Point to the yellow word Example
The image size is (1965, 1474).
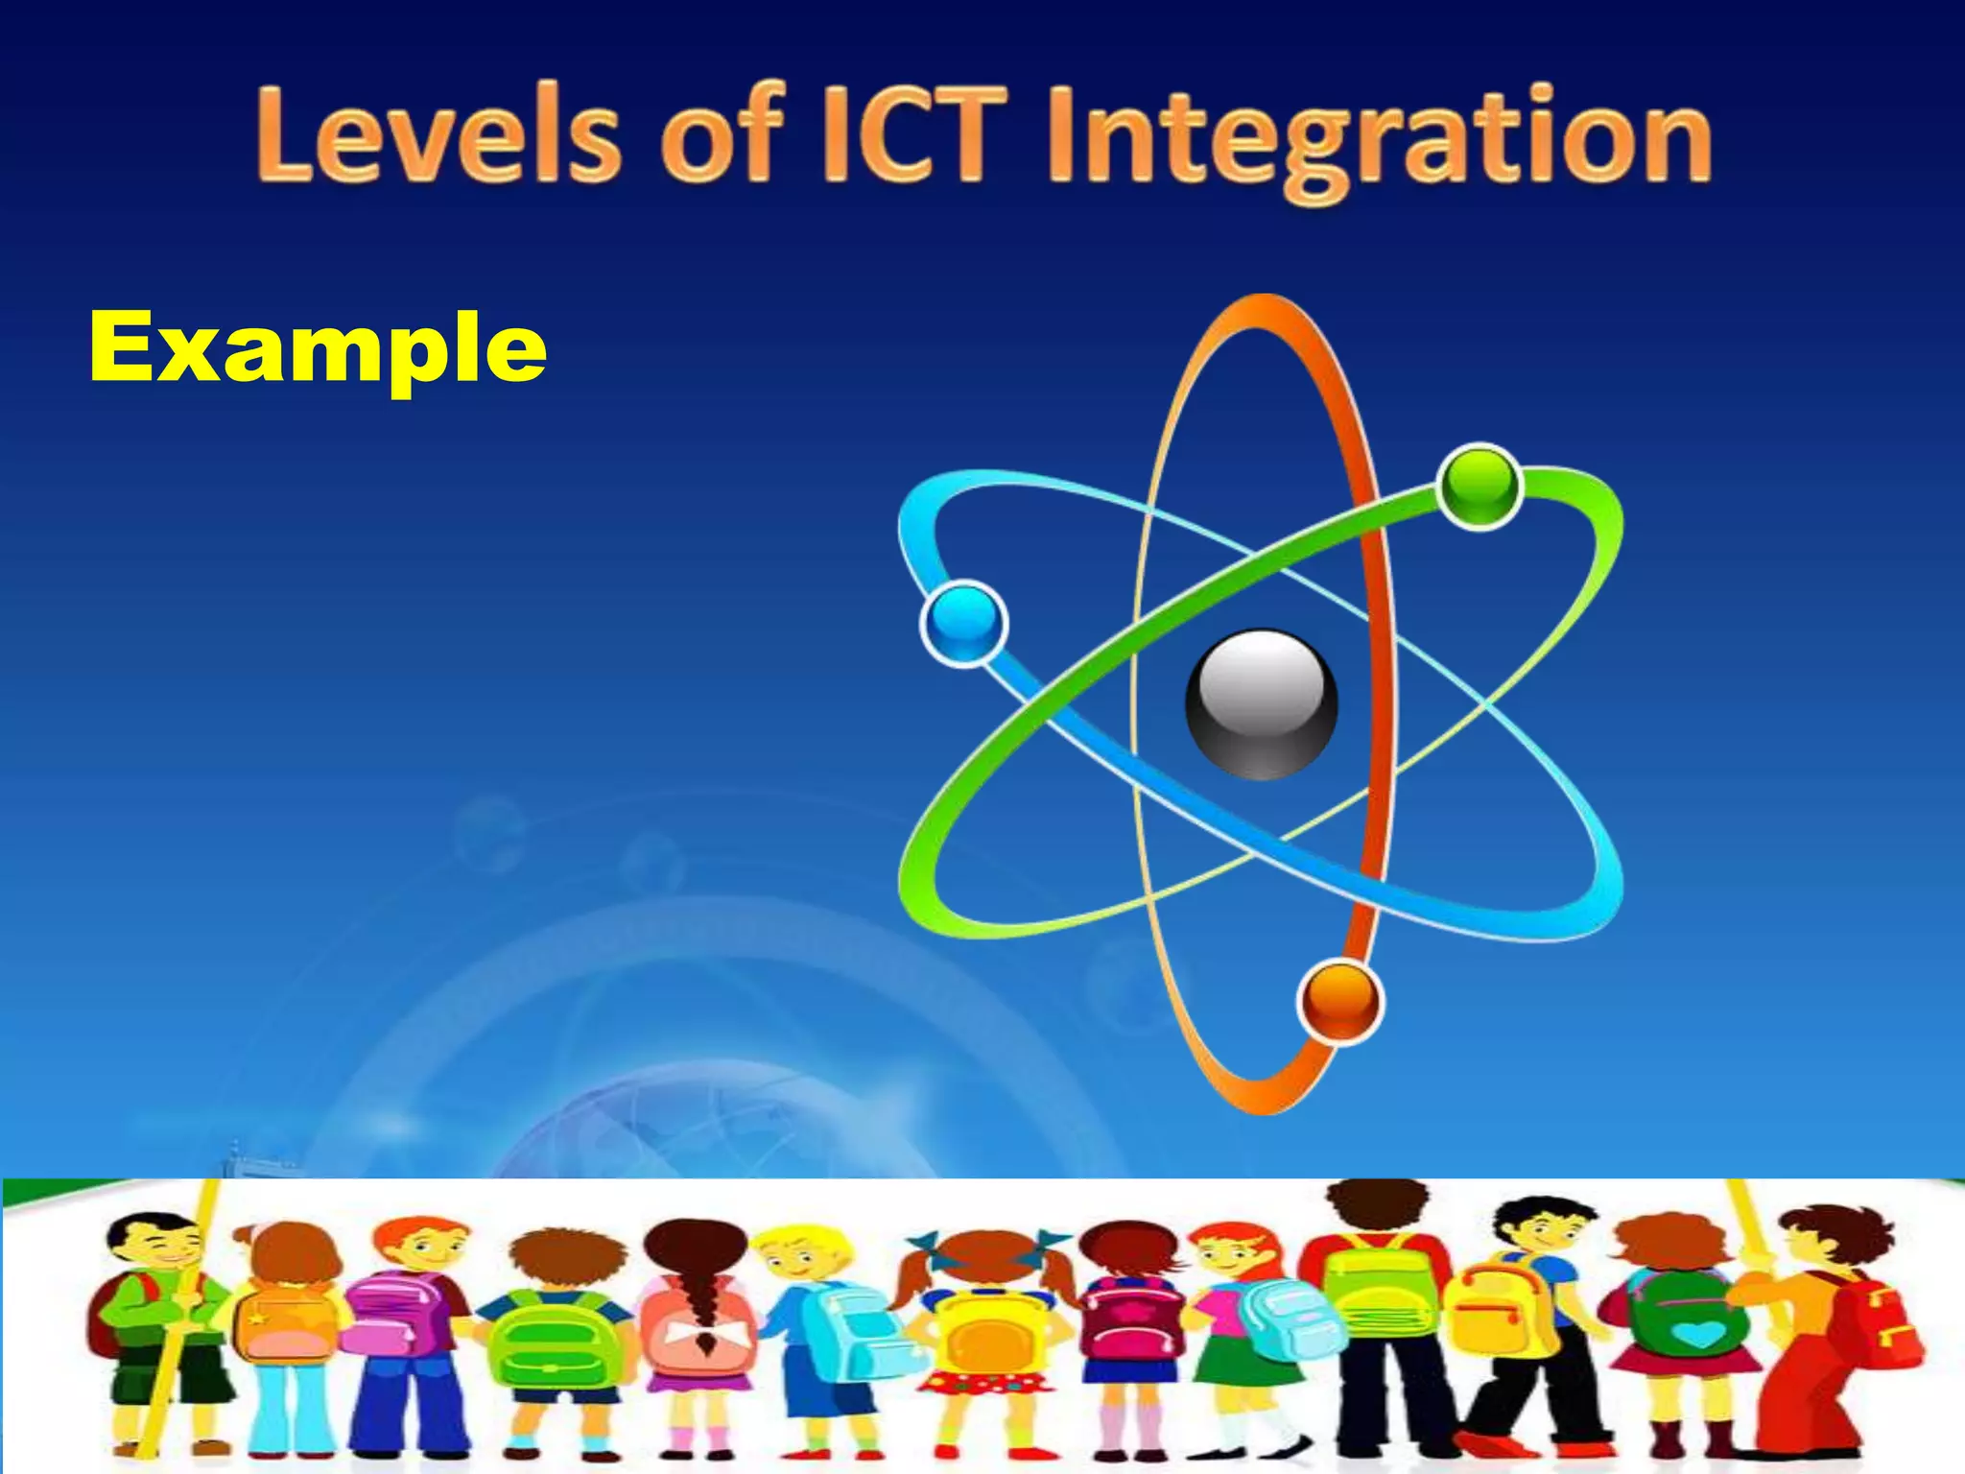[318, 347]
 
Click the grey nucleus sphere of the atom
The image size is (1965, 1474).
[1261, 703]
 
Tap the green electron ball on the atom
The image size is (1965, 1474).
[1479, 487]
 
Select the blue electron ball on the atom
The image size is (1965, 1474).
[963, 623]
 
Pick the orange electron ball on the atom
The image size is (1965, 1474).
[1339, 1001]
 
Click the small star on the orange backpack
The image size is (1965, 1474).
[256, 1318]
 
